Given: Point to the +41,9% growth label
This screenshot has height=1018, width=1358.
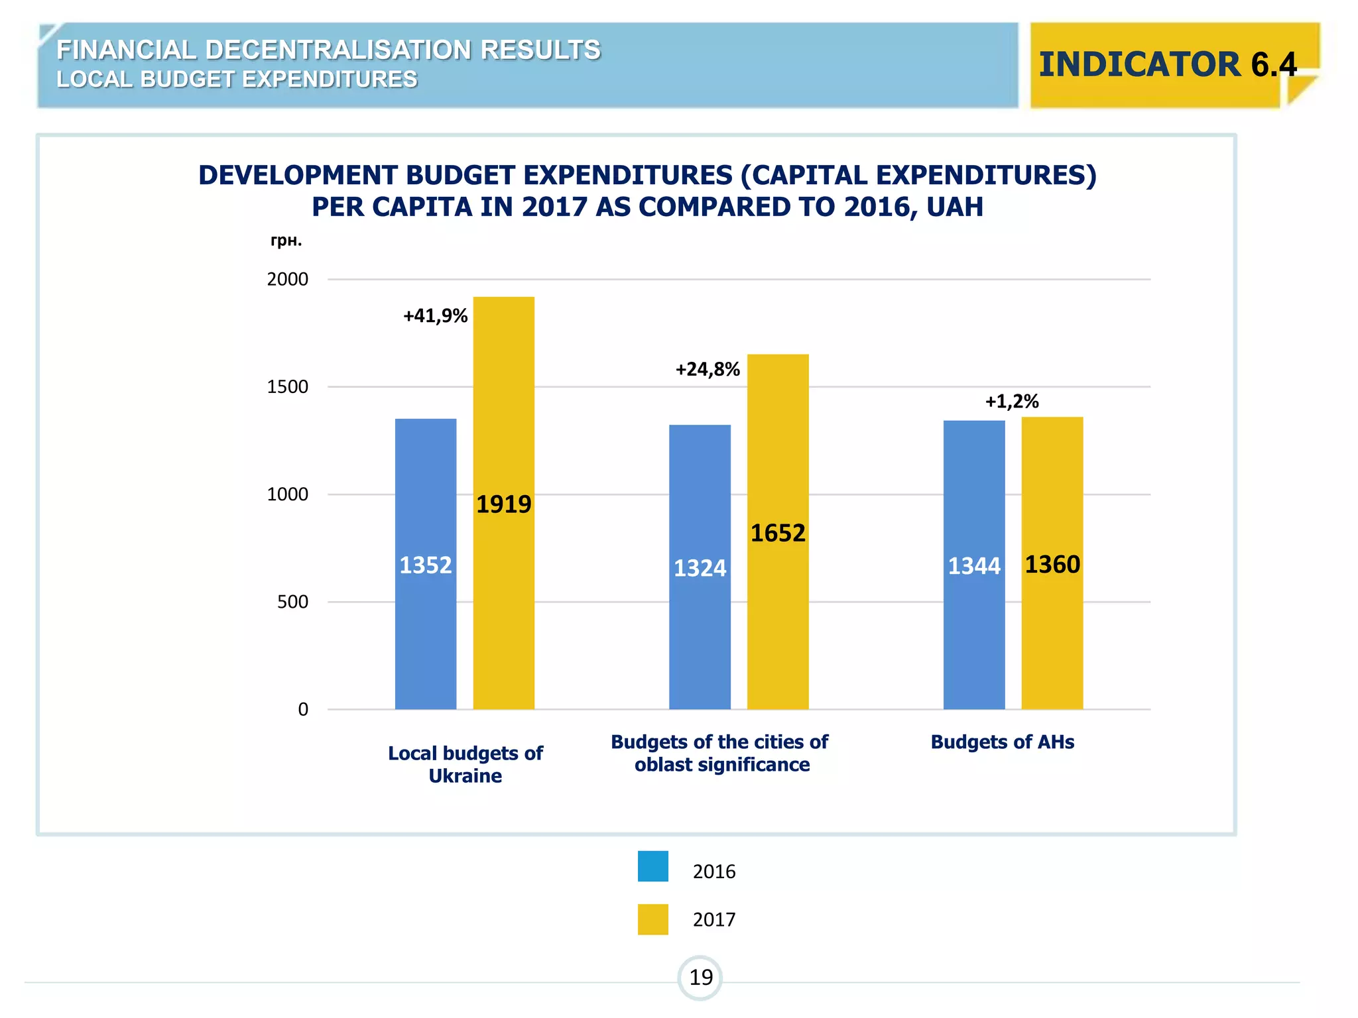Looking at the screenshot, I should click(x=435, y=315).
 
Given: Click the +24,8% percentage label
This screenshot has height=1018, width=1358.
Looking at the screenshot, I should click(x=707, y=369).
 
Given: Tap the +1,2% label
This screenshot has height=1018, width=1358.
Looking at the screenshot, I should click(x=1011, y=401).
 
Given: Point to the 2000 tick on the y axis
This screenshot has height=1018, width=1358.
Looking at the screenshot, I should click(x=287, y=279).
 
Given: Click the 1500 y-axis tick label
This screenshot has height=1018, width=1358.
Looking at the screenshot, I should click(x=287, y=387).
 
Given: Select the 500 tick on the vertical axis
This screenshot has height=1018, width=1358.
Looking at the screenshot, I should click(x=292, y=602).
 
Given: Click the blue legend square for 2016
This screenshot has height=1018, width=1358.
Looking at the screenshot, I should click(x=652, y=866).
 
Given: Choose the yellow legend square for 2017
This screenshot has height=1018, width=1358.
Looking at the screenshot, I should click(x=652, y=919).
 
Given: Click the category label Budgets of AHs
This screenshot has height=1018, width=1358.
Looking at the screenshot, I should click(x=1002, y=742).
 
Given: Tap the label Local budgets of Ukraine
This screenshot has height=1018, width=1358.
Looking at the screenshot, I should click(x=465, y=764).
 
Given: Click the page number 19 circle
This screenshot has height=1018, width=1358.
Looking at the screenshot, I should click(x=700, y=978).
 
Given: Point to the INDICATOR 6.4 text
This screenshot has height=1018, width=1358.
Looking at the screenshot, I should click(x=1167, y=64).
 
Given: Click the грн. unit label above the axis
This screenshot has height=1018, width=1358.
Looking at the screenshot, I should click(x=286, y=241).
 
